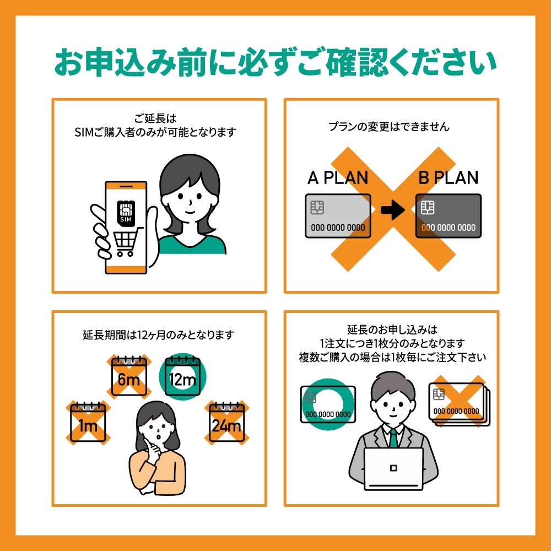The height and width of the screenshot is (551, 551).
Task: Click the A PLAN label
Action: tap(338, 178)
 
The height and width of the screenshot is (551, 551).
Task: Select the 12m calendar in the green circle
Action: tap(182, 379)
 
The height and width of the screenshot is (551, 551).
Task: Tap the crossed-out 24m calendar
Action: tap(226, 423)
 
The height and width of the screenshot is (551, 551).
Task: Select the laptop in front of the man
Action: tap(393, 468)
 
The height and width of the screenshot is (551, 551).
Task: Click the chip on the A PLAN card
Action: tap(317, 207)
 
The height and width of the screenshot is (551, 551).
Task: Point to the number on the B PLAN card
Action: tap(448, 228)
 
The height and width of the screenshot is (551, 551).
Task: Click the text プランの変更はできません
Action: tap(389, 127)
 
